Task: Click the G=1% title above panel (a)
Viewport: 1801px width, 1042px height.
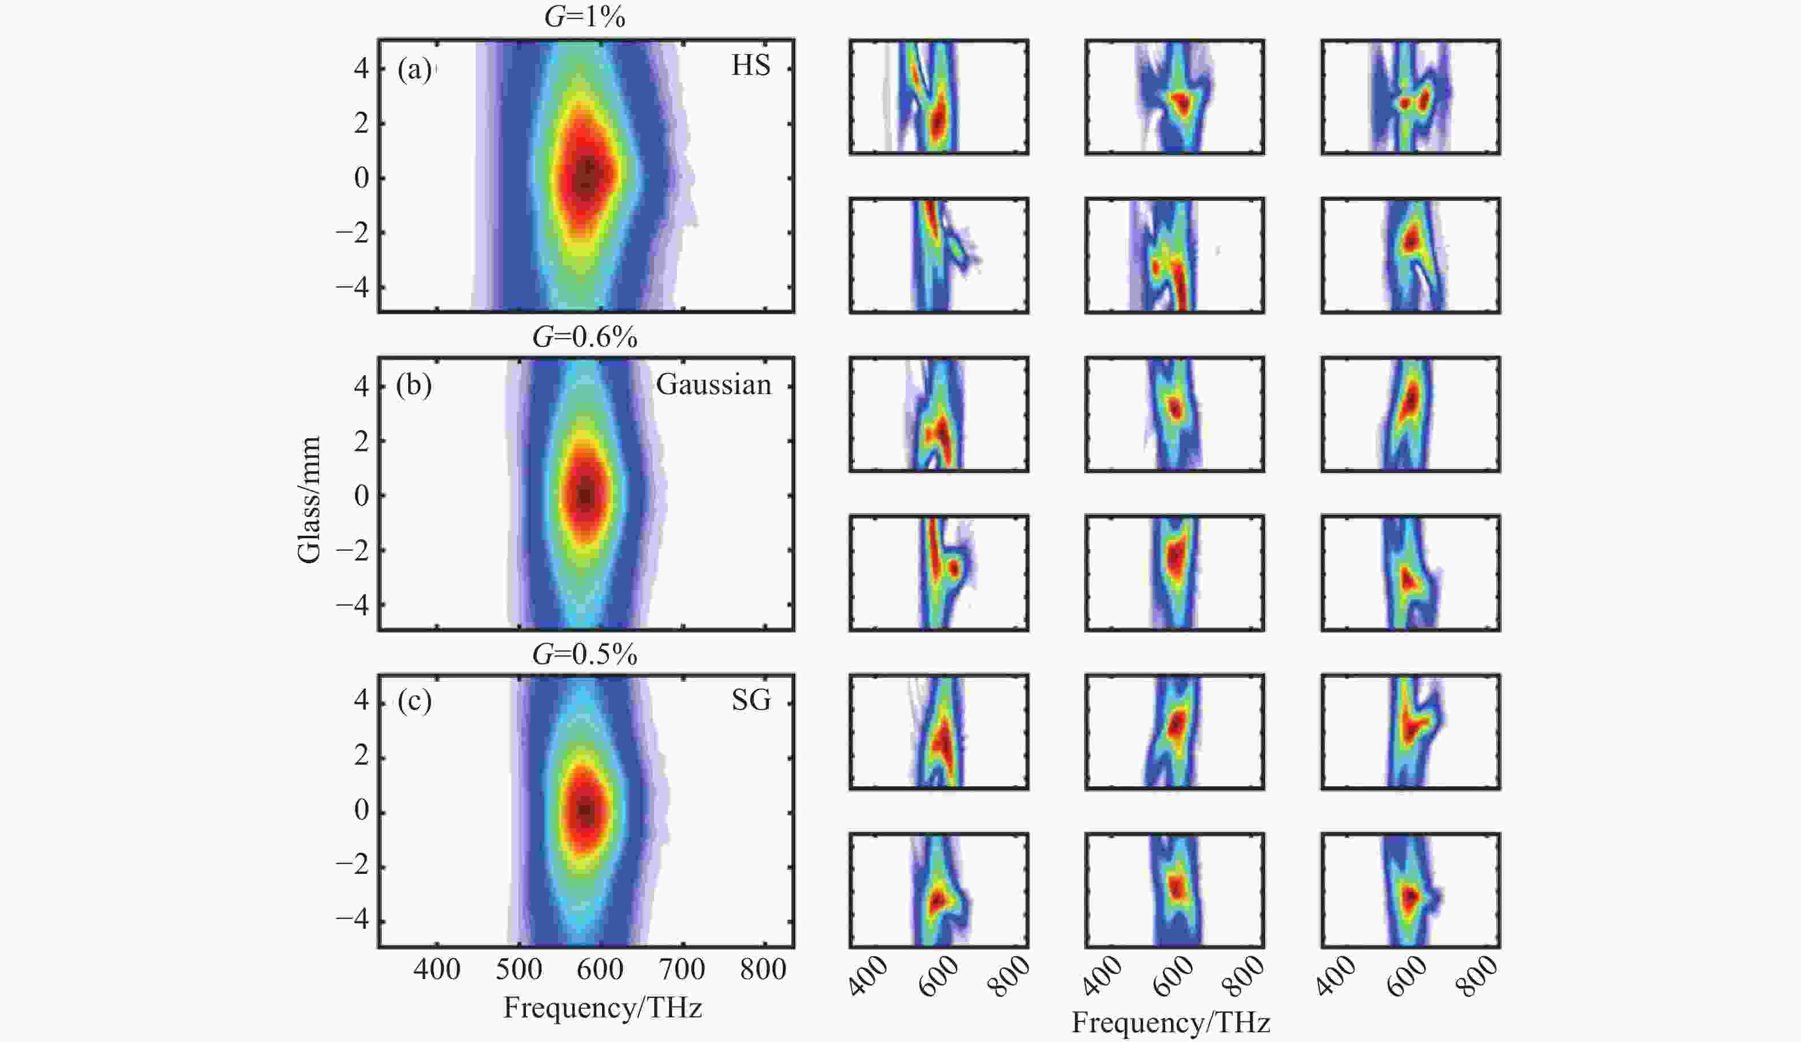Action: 584,17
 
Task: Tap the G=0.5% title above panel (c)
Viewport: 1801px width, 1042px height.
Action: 584,654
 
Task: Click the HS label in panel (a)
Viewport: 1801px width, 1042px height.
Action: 750,66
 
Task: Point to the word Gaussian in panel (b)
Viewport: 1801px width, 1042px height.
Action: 714,384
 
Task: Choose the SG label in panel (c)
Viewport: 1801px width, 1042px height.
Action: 751,701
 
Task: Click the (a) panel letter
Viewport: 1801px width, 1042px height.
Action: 415,69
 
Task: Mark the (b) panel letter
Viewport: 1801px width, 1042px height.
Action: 414,385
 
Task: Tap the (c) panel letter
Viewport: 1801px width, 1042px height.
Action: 415,702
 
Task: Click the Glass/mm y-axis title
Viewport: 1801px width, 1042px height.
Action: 309,500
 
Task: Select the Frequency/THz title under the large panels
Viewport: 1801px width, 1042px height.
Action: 603,1008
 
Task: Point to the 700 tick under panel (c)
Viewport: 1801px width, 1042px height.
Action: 683,969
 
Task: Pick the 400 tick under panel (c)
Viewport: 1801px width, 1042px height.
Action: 437,969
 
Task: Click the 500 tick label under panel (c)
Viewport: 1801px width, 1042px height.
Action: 519,969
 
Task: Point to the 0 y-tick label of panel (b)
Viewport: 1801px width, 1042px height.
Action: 361,495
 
